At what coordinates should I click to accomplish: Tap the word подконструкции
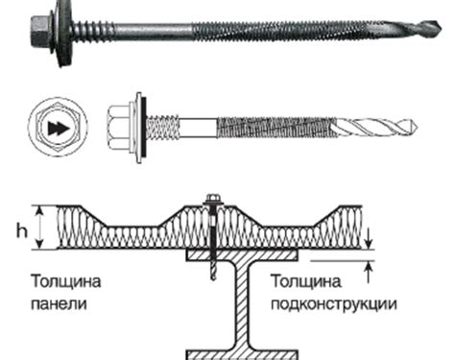[x=333, y=305]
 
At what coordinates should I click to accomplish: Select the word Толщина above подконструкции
[x=305, y=281]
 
